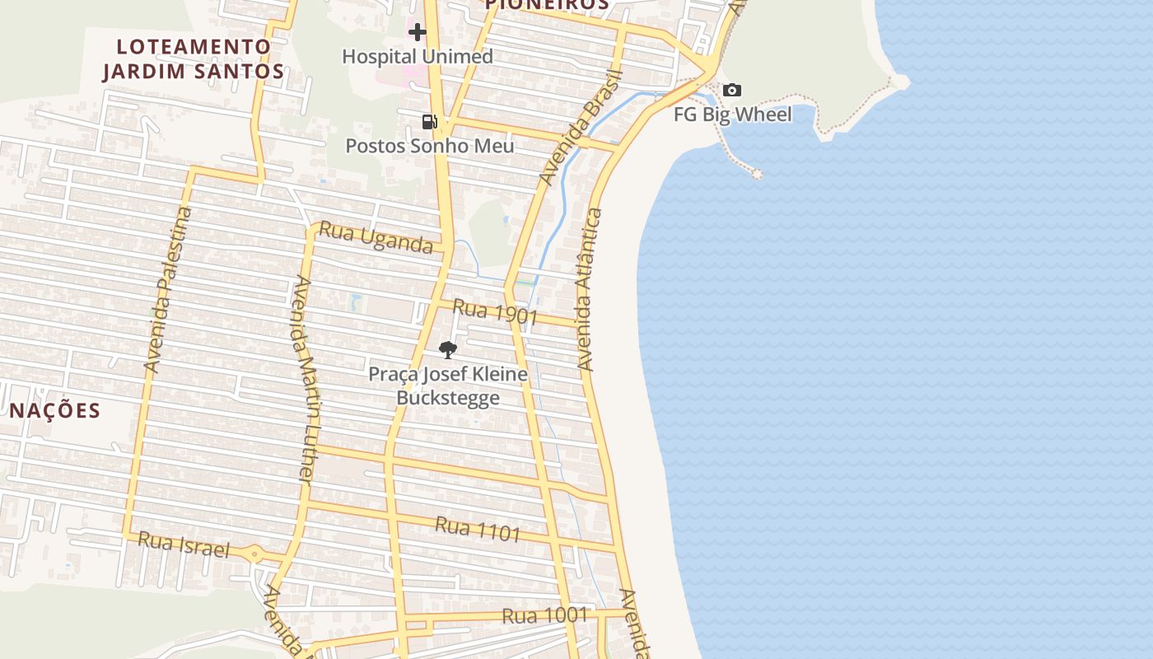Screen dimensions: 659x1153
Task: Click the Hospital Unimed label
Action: (418, 57)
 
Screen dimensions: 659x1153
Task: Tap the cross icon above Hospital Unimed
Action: (418, 32)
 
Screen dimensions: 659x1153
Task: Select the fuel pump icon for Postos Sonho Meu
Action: (429, 122)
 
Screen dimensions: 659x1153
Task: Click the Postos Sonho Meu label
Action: (429, 146)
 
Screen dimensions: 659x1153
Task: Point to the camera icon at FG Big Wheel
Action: (732, 91)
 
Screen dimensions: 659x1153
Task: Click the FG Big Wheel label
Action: (732, 115)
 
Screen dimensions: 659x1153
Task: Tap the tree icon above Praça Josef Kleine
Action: (447, 350)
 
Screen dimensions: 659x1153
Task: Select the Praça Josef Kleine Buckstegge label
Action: (447, 386)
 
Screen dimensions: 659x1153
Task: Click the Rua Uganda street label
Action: (376, 238)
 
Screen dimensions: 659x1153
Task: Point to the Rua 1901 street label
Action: (495, 312)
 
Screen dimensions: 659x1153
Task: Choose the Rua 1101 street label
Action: (478, 529)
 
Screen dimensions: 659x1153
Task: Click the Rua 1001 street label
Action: (544, 615)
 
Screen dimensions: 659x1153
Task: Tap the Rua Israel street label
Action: (183, 544)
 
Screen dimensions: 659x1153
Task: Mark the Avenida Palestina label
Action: (167, 290)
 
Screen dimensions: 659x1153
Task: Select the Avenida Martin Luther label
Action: (304, 379)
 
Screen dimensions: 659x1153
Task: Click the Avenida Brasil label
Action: (581, 128)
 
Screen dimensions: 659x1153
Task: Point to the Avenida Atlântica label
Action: (590, 290)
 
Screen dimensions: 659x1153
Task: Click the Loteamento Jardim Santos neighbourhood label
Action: (194, 58)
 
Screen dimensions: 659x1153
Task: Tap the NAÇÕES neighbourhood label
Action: (55, 410)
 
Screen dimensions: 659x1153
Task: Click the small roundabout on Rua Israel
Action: (254, 555)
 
